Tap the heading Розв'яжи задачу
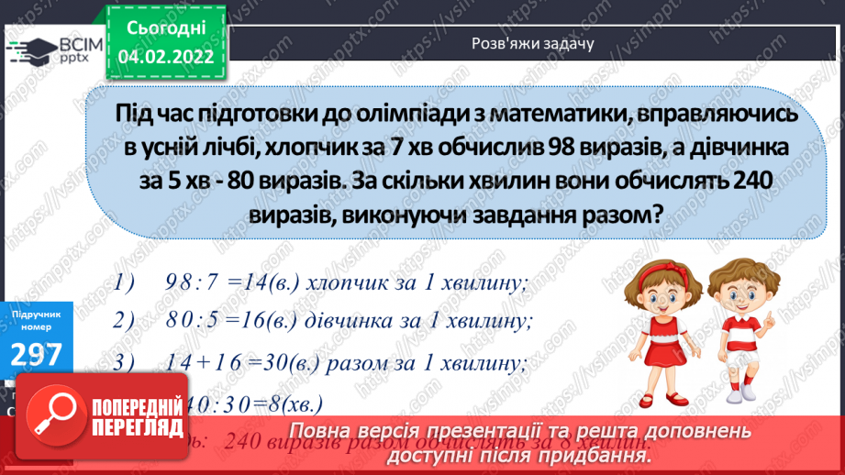coord(532,43)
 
